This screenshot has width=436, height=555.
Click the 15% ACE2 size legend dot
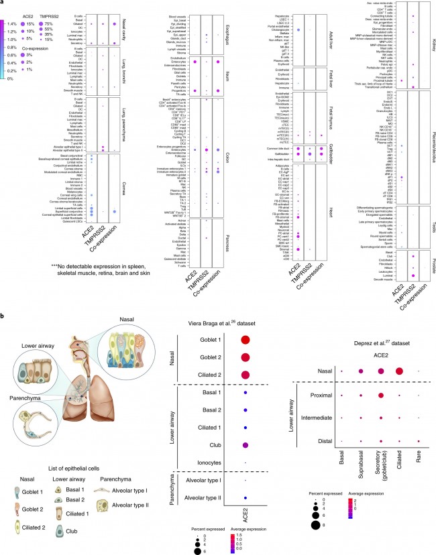click(24, 23)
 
